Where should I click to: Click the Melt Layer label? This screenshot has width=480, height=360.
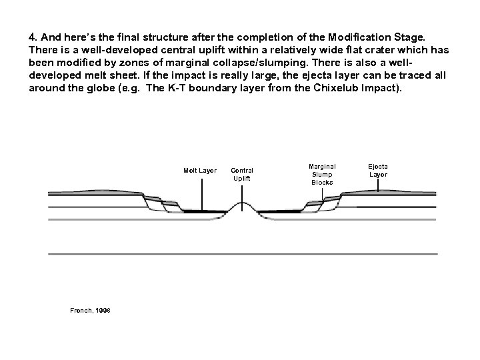(x=200, y=171)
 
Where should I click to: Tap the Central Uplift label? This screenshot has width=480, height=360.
(x=242, y=175)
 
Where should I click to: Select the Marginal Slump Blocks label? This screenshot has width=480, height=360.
(x=322, y=174)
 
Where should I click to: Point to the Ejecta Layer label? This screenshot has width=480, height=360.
(x=378, y=171)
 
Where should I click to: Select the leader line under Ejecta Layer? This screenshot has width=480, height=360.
(x=379, y=185)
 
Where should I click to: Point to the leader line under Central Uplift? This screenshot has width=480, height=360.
(x=243, y=192)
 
